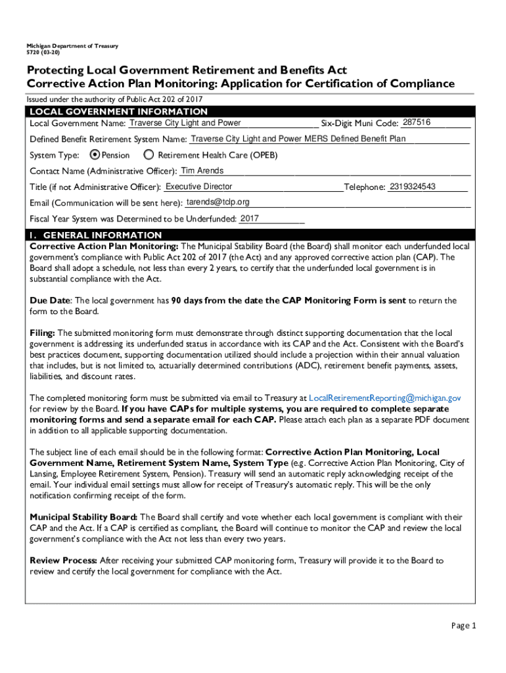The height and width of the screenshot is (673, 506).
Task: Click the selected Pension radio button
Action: point(95,155)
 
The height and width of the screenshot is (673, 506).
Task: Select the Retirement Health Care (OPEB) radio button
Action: point(149,155)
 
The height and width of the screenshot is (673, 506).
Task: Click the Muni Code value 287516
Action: point(417,123)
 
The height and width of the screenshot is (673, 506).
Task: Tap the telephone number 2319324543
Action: point(412,187)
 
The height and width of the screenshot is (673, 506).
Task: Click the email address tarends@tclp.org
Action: point(218,202)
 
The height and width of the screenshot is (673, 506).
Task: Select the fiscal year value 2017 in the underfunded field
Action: point(250,218)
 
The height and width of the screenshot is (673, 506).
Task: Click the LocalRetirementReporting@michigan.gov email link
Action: point(384,398)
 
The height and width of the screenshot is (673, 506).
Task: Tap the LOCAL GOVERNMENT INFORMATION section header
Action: point(118,112)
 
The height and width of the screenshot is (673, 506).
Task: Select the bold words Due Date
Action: point(50,301)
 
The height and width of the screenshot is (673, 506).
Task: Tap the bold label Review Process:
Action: point(64,561)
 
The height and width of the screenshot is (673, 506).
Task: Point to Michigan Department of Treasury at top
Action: point(72,46)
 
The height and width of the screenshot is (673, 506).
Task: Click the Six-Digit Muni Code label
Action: point(359,124)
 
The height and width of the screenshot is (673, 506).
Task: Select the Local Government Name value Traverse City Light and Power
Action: point(185,123)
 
